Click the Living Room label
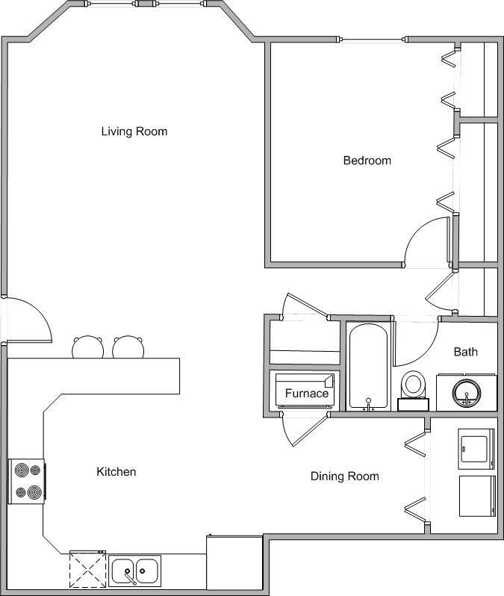click(x=134, y=131)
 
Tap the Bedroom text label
click(x=367, y=161)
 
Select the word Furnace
click(x=306, y=393)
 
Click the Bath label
click(x=466, y=352)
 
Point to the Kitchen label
click(x=116, y=472)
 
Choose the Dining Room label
click(x=345, y=477)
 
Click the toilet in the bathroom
click(x=413, y=388)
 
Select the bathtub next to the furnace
click(x=367, y=366)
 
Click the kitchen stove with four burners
click(x=27, y=482)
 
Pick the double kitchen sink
click(x=134, y=571)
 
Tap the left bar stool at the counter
click(x=87, y=347)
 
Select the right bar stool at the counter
click(x=128, y=347)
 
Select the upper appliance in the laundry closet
click(x=476, y=449)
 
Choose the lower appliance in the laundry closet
click(x=476, y=496)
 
